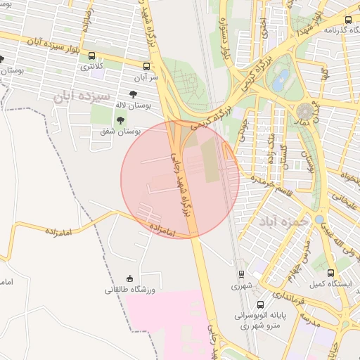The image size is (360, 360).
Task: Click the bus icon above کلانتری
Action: click(92, 56)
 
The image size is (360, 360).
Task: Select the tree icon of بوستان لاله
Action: click(133, 93)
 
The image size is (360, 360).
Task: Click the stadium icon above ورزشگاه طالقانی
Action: click(129, 279)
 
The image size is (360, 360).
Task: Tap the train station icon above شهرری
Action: click(241, 274)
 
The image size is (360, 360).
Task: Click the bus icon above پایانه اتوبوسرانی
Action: click(260, 304)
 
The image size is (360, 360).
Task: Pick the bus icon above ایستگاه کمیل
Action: click(330, 273)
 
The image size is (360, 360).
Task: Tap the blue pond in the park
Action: click(283, 76)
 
